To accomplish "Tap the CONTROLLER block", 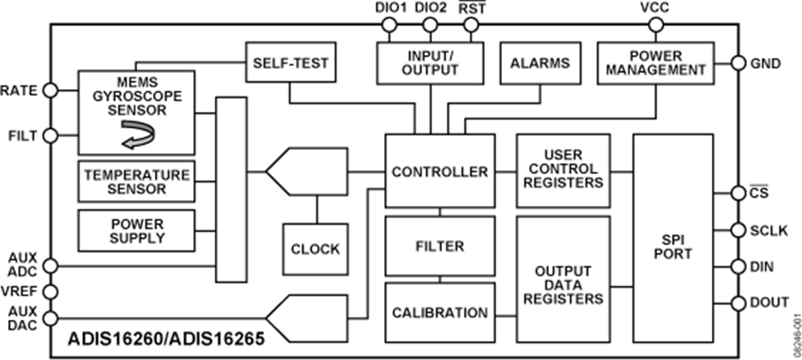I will tap(439, 171).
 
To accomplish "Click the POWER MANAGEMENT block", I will tap(655, 62).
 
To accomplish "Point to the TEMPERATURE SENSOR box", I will tap(136, 182).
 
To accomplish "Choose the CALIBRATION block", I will tap(439, 313).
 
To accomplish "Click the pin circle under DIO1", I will tap(389, 26).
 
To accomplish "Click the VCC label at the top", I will tap(655, 8).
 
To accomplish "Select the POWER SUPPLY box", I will tap(136, 231).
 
